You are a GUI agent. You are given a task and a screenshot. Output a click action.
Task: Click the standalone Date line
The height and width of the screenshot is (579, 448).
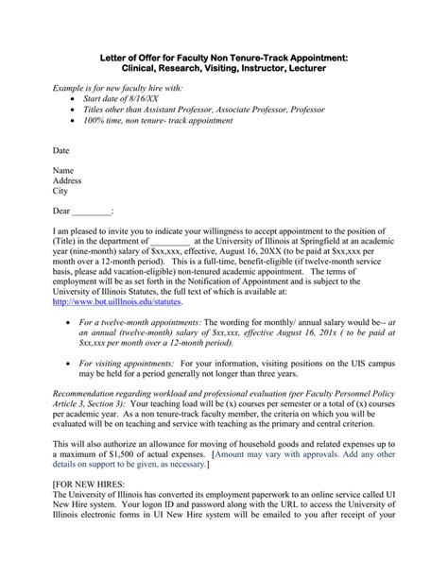tap(60, 150)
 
